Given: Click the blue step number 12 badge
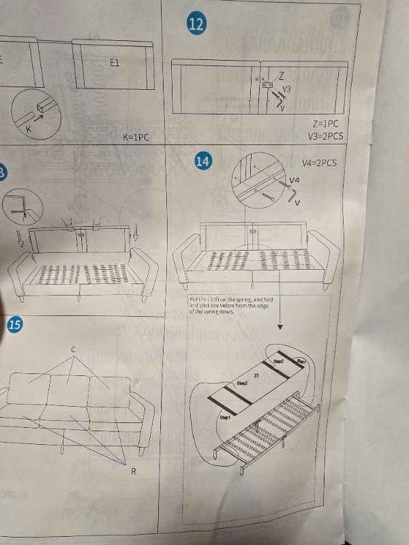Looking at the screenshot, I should coord(196,25).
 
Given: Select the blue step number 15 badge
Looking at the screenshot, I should coord(14,325).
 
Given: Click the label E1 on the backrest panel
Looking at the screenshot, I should coord(115,61).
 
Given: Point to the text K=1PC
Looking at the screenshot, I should coord(136,137).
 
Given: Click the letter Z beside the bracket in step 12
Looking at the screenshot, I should coord(282,76).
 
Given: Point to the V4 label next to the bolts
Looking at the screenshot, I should coord(294,180).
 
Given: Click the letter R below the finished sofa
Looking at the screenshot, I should coord(133,471).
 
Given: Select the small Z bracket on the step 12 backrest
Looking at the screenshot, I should coord(267,84).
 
